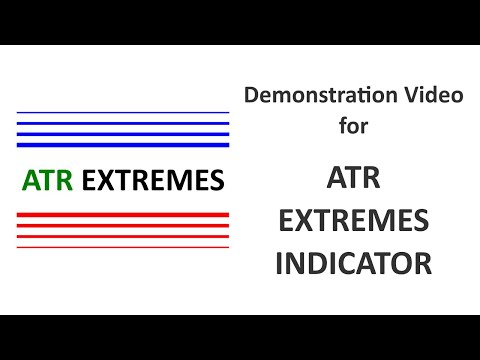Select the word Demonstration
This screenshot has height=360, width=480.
click(306, 98)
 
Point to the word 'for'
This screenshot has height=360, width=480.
click(353, 128)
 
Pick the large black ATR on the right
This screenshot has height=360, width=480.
click(353, 179)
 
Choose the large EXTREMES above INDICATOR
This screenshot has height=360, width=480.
click(353, 221)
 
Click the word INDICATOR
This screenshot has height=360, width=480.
click(353, 263)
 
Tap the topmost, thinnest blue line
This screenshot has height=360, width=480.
click(123, 112)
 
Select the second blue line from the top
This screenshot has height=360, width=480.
click(123, 122)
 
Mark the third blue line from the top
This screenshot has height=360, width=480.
click(123, 132)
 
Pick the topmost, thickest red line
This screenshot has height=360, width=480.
click(123, 215)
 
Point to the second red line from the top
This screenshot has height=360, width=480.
click(123, 226)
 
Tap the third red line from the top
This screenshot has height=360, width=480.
click(123, 237)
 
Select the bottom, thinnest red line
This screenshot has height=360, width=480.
click(123, 247)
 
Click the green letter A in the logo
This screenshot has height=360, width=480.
click(30, 181)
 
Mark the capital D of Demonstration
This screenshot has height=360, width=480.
click(251, 98)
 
